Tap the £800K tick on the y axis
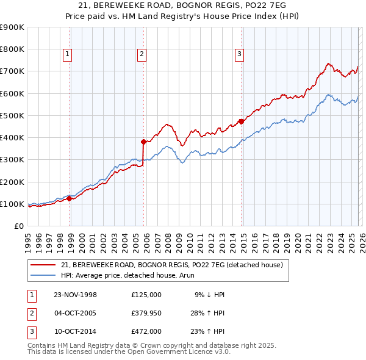(x=12, y=49)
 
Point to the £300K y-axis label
(x=12, y=160)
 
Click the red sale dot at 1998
(x=70, y=198)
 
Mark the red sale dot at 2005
(x=143, y=142)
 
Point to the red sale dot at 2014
(x=241, y=121)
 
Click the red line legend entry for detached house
(x=171, y=265)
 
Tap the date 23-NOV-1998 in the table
(x=76, y=294)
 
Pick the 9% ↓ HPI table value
(x=209, y=294)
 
